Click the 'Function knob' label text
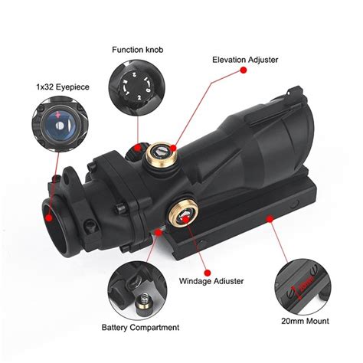click(138, 50)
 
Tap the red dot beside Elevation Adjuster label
click(243, 70)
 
